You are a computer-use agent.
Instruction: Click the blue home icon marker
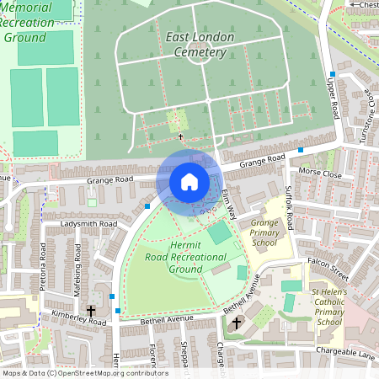189,181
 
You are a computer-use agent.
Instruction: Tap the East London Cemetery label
196,45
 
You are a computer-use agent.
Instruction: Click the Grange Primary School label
264,232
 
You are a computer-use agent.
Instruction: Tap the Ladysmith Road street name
88,224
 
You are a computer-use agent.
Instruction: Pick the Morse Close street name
321,174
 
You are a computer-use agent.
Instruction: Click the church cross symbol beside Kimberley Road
90,312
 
